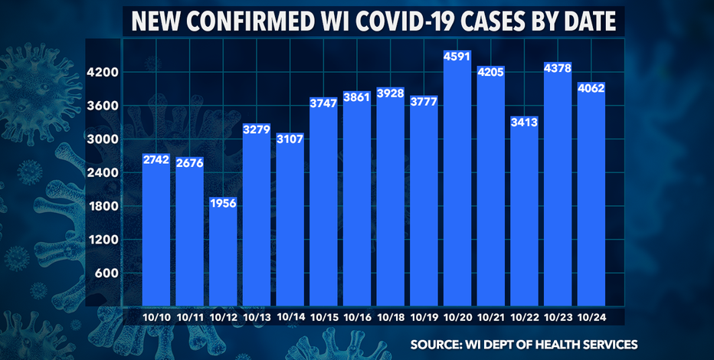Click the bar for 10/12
click(x=223, y=253)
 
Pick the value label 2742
click(x=156, y=160)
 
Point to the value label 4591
click(x=457, y=57)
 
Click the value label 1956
click(x=223, y=204)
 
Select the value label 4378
click(x=591, y=69)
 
